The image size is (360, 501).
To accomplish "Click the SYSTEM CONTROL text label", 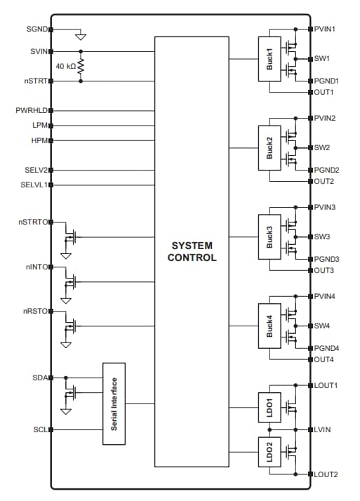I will (192, 252).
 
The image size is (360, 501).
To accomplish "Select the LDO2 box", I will (269, 450).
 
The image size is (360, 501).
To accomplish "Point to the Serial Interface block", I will (114, 403).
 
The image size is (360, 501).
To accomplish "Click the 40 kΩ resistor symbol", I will (81, 66).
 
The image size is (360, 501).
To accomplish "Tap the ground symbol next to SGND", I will (81, 35).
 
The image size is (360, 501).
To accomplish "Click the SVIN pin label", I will (38, 51).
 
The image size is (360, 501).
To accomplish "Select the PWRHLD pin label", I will (31, 111).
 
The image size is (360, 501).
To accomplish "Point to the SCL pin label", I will (39, 429).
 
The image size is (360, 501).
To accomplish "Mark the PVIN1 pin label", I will (326, 29).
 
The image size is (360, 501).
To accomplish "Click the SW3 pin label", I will (322, 237).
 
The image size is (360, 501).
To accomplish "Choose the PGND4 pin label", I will (326, 348).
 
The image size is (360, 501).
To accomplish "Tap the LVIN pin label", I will (324, 429).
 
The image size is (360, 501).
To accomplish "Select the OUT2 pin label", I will (324, 181).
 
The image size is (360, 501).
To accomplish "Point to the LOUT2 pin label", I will (326, 474).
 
